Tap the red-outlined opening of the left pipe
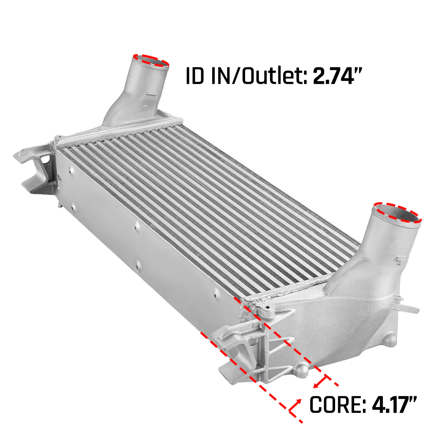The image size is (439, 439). coord(151,61)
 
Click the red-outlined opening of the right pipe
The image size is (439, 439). coord(397,213)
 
